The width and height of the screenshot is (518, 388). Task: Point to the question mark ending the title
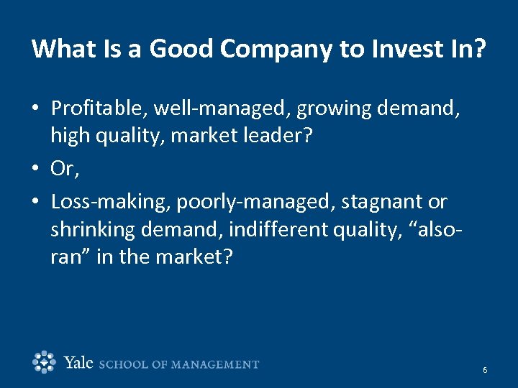coord(481,49)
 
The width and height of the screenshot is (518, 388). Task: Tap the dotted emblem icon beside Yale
coord(45,362)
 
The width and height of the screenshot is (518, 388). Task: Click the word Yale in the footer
coord(78,363)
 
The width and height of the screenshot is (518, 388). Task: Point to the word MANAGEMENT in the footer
coord(219,364)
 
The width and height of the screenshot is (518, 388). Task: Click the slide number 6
coord(485,370)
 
